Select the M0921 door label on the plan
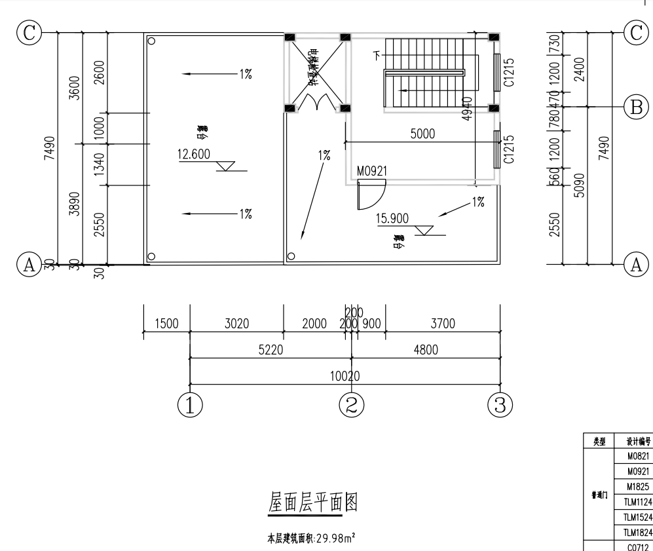[x=372, y=171]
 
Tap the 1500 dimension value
[x=166, y=324]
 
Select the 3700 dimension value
[x=442, y=324]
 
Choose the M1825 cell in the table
[x=637, y=487]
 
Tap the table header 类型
[x=599, y=442]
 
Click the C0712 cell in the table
[x=637, y=546]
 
